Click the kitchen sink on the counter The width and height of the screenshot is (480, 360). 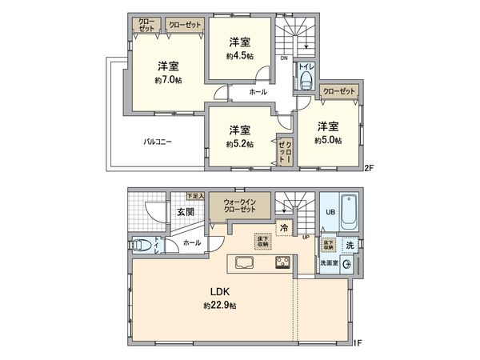243,262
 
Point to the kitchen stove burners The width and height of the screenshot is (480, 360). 283,262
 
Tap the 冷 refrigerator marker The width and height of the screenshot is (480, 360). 284,228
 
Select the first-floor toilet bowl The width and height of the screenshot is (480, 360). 141,245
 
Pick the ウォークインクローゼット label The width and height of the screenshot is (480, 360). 239,206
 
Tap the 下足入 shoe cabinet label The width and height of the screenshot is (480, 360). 195,196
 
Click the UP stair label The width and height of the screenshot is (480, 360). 306,237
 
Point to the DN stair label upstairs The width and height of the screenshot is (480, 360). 284,58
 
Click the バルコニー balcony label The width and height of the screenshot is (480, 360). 158,142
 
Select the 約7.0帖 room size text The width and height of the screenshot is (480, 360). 168,80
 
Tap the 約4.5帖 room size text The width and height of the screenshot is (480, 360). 240,56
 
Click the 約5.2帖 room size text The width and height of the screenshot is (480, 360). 239,144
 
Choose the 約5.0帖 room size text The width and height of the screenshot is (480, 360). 327,140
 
